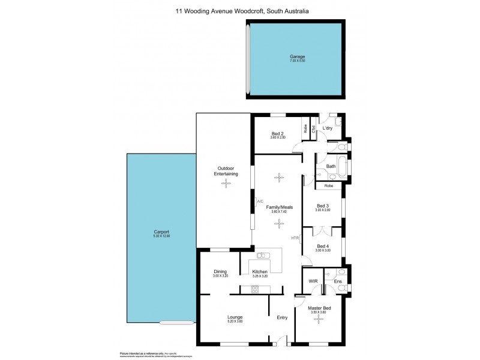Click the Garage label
tap(296, 56)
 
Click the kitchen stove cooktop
tap(254, 289)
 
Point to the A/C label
tap(259, 201)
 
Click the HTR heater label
tap(295, 238)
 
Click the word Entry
tap(282, 317)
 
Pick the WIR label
tap(313, 281)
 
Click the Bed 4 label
tap(323, 246)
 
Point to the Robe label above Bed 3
tap(328, 186)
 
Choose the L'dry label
tap(328, 129)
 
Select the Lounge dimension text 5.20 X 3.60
tap(235, 321)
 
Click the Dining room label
tap(220, 272)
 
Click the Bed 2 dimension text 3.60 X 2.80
tap(277, 137)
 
